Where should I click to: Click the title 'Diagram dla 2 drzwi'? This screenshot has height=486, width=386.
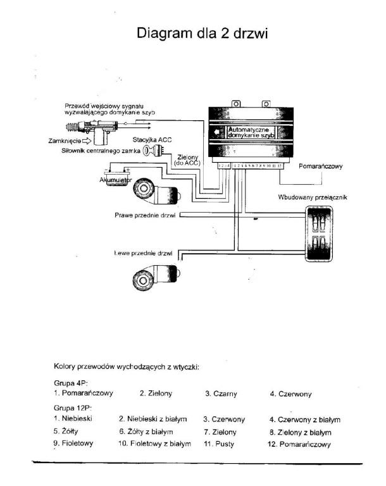click(202, 33)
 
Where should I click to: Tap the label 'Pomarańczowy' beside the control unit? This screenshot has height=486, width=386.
click(320, 166)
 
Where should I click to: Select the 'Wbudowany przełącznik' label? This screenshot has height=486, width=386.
click(312, 197)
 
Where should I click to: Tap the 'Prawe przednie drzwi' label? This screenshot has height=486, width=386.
click(145, 215)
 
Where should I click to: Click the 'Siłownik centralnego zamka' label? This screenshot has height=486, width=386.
click(100, 151)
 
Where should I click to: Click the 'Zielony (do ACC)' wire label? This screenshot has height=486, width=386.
click(185, 160)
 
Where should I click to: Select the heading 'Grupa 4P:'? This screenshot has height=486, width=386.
click(72, 383)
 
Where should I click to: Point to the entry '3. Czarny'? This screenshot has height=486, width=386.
click(221, 394)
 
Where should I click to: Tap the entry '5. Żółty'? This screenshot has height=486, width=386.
click(66, 432)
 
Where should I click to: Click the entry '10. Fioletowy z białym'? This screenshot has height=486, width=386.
click(155, 444)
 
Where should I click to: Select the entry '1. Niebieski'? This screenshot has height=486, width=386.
click(74, 419)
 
